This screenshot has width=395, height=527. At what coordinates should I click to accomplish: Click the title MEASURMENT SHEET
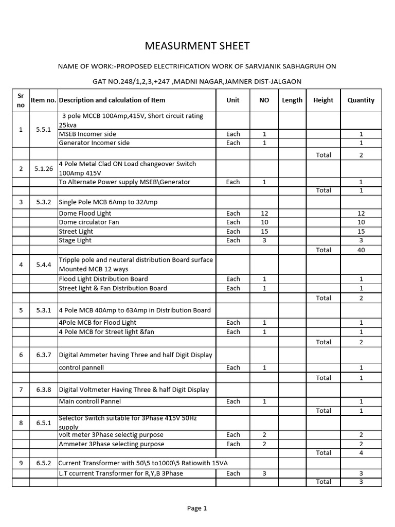[197, 46]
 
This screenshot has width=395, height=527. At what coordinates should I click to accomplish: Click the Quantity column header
[361, 100]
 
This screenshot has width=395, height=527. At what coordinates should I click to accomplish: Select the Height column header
[323, 100]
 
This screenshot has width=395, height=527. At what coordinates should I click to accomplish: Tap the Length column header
[292, 100]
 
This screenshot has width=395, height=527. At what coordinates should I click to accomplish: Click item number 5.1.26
[44, 168]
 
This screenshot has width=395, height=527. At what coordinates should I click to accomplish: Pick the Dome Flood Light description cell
[85, 213]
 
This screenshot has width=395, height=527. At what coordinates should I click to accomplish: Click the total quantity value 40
[361, 250]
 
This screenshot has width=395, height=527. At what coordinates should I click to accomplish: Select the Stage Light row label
[76, 240]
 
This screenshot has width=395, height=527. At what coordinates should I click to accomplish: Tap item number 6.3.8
[44, 390]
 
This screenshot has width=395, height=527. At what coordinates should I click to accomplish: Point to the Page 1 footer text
[197, 508]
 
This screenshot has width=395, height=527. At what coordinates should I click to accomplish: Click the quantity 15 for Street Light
[361, 232]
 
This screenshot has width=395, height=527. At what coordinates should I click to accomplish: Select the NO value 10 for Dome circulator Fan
[264, 222]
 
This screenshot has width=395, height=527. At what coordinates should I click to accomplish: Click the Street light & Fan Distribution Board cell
[113, 288]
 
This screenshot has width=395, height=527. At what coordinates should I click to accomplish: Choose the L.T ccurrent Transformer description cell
[121, 473]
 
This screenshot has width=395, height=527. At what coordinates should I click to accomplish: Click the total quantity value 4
[361, 453]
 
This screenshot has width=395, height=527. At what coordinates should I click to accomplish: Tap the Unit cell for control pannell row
[233, 368]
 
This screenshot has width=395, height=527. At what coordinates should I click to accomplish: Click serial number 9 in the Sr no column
[21, 463]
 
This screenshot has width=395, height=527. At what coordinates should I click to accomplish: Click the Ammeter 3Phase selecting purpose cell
[112, 444]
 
